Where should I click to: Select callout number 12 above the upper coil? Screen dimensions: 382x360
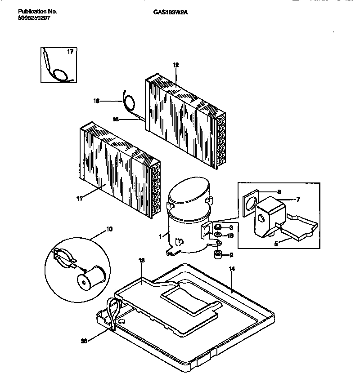point(175,65)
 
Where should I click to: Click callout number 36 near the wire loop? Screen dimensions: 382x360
point(83,341)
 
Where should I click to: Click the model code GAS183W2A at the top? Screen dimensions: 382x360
point(167,13)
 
